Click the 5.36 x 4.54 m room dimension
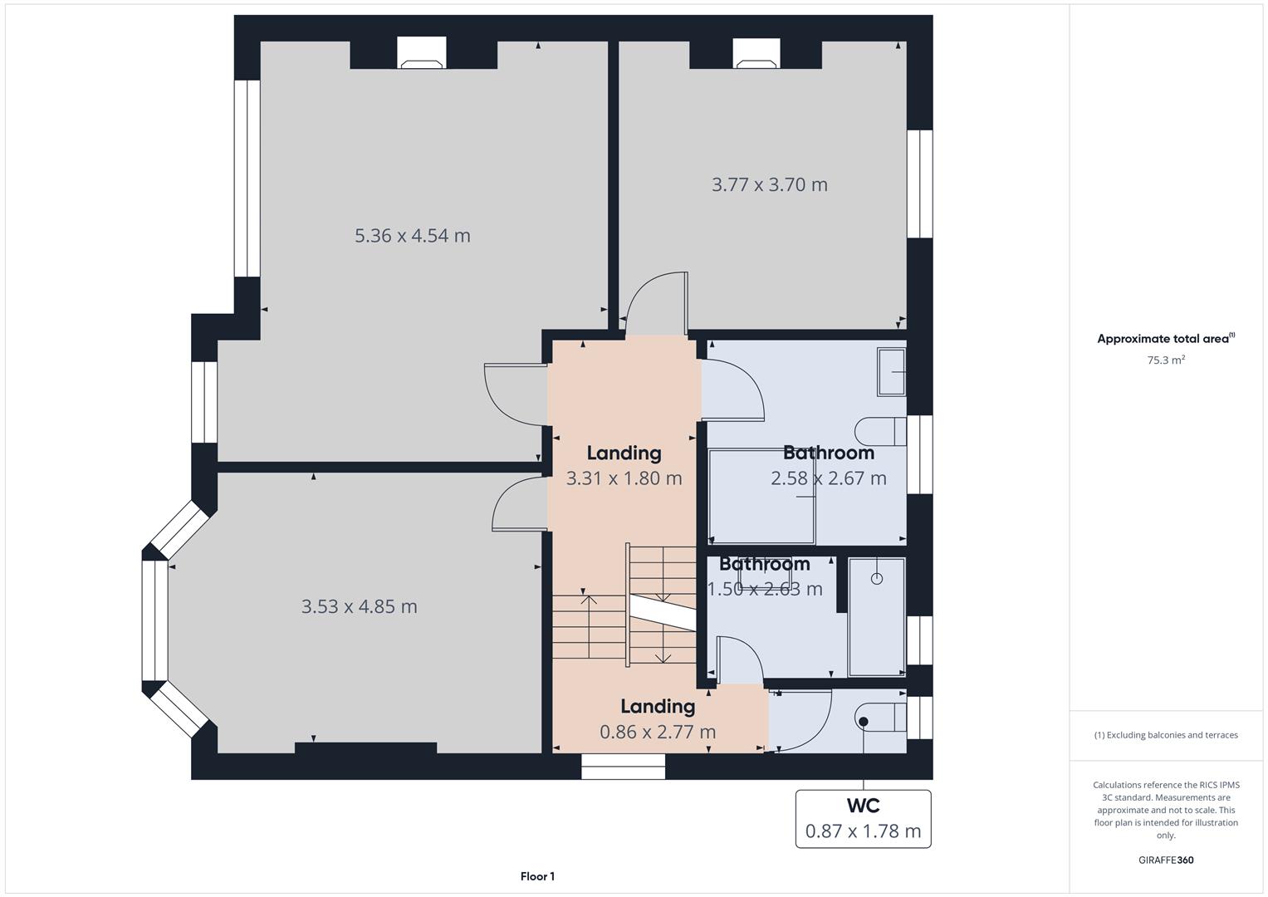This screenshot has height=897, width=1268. pyautogui.click(x=412, y=236)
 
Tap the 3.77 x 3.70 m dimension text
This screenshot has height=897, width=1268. pyautogui.click(x=769, y=184)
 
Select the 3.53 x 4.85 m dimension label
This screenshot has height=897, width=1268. pyautogui.click(x=359, y=606)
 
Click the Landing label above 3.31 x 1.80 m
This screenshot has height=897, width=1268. pyautogui.click(x=624, y=453)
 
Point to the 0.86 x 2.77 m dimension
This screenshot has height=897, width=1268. pyautogui.click(x=658, y=732)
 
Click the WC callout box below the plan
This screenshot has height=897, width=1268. pyautogui.click(x=864, y=819)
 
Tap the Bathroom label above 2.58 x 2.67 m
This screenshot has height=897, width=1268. pyautogui.click(x=829, y=453)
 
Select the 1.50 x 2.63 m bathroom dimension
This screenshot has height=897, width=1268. pyautogui.click(x=765, y=589)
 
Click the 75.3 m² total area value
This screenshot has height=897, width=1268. pyautogui.click(x=1166, y=360)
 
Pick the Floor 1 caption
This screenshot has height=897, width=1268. pyautogui.click(x=537, y=876)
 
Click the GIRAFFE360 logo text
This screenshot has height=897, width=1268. pyautogui.click(x=1166, y=860)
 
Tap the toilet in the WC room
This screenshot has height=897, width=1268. pyautogui.click(x=879, y=718)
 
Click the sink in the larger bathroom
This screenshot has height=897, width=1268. pyautogui.click(x=892, y=371)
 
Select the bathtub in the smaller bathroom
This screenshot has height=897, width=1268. pyautogui.click(x=877, y=616)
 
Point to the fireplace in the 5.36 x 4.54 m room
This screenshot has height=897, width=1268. pyautogui.click(x=422, y=53)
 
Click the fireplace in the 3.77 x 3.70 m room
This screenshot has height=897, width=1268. pyautogui.click(x=756, y=53)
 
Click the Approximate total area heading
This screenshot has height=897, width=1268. pyautogui.click(x=1166, y=339)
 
